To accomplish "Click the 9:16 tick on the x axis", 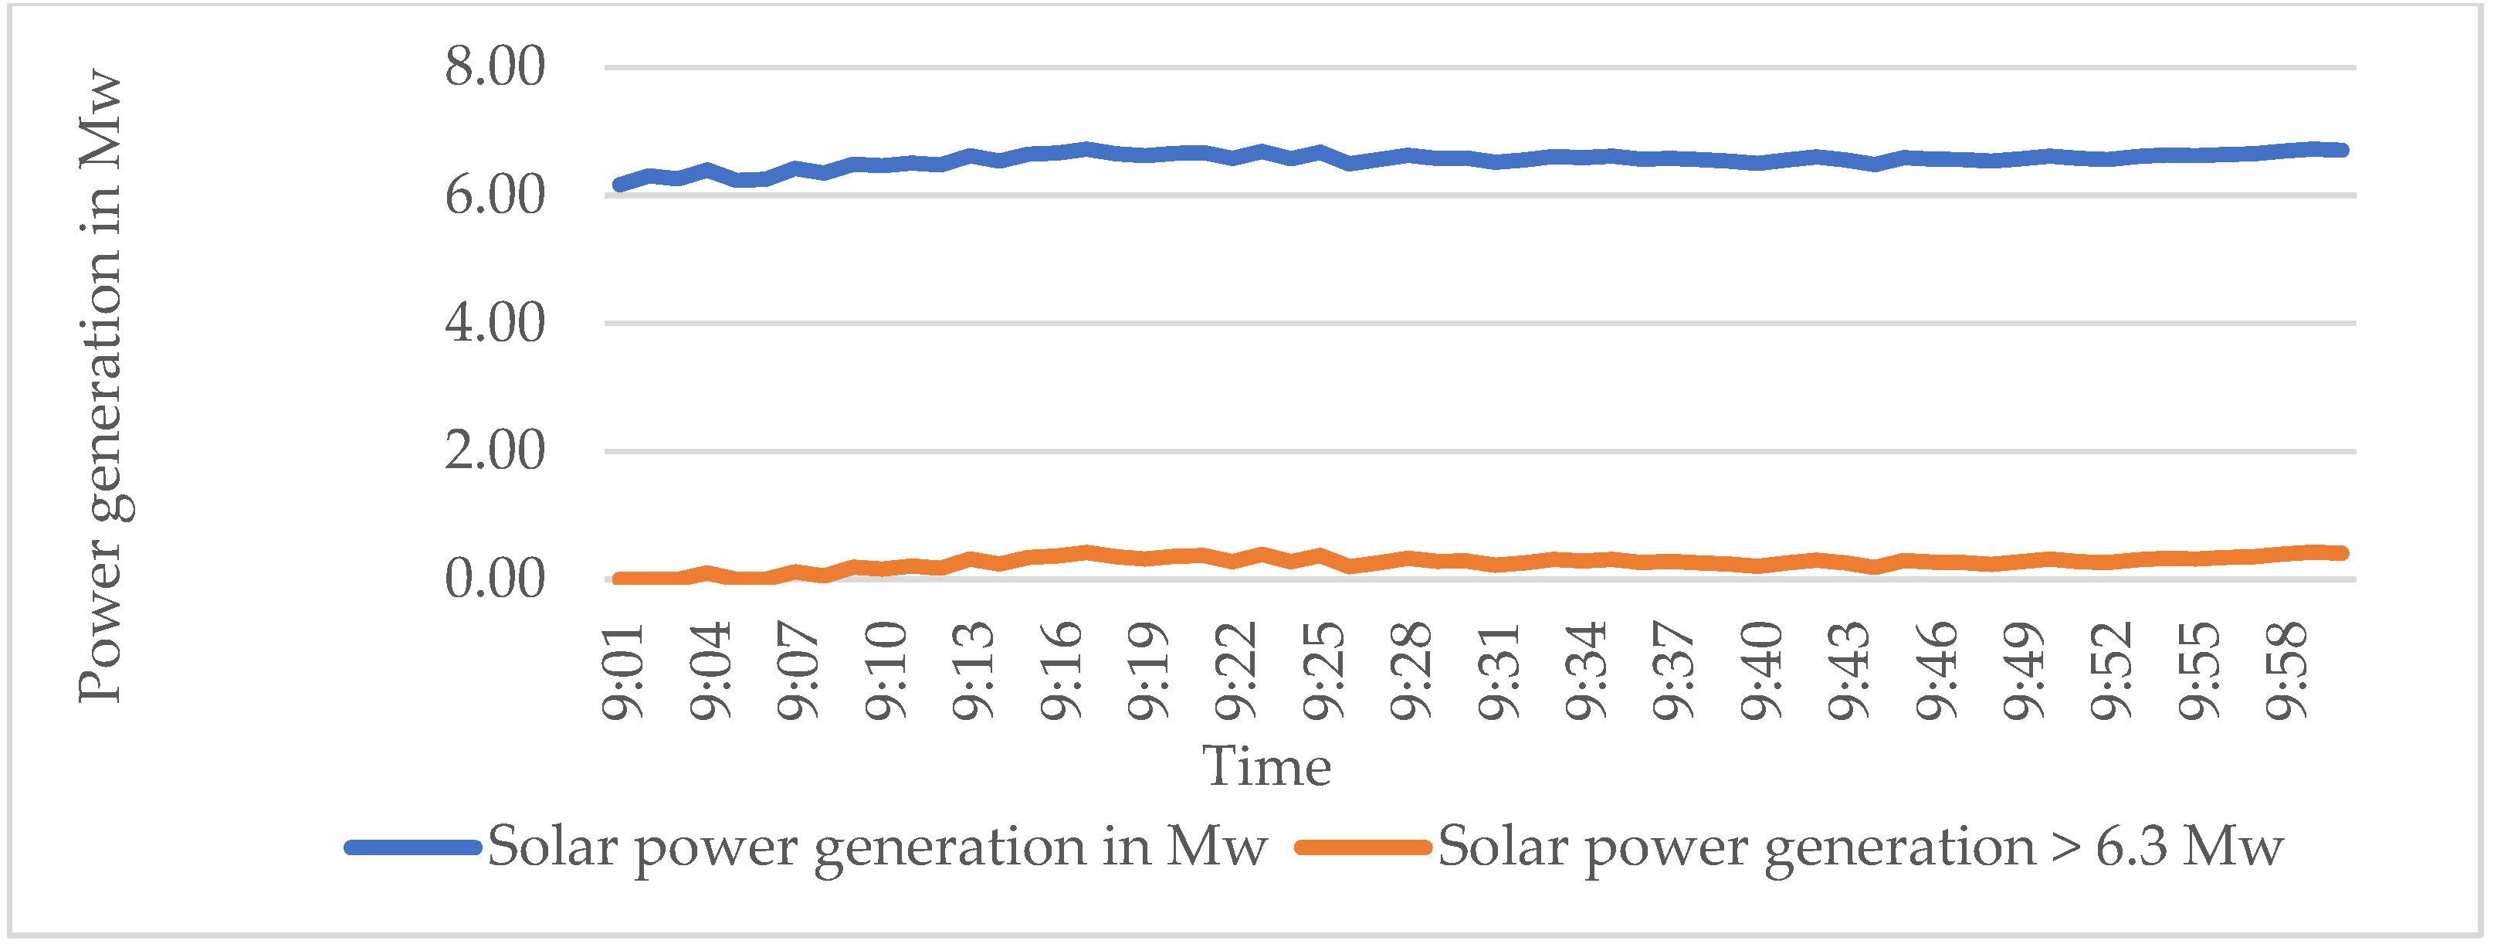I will pos(1061,672).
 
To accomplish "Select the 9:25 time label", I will pos(1323,672).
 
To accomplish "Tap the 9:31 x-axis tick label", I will pos(1499,672).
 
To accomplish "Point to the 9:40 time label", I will pos(1762,672).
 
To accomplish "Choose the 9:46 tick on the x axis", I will pos(1937,672).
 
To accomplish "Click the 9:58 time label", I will pos(2287,672).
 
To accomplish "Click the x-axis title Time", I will pos(1266,767).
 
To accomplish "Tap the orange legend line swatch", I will pos(1363,847).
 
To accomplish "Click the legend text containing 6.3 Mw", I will pos(1859,847).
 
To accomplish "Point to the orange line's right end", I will pos(2342,553).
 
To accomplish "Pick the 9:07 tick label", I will pos(798,672).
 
